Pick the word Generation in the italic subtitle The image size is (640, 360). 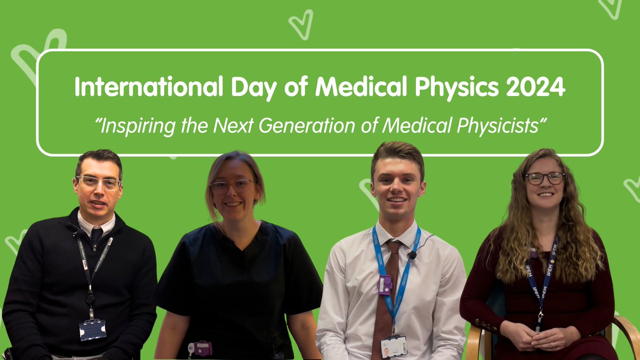[x=311, y=126]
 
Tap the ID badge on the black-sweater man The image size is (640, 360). [x=92, y=329]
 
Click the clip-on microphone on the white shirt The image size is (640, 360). [x=412, y=255]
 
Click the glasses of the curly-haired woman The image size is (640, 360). [x=544, y=178]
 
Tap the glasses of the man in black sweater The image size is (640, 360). [x=98, y=182]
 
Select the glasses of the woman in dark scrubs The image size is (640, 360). [x=232, y=186]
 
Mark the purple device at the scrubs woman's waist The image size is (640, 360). [x=202, y=348]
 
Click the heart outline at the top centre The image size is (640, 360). [x=301, y=25]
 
